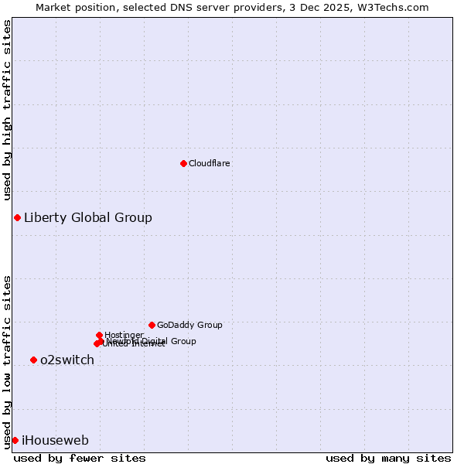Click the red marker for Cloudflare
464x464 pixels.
(x=183, y=163)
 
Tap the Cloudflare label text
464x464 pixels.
(x=210, y=163)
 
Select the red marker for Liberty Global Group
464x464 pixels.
(x=17, y=217)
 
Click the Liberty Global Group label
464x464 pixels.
(x=88, y=217)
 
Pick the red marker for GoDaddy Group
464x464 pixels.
(x=152, y=325)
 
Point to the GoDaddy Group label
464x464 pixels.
(x=189, y=325)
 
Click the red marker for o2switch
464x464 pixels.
(x=33, y=360)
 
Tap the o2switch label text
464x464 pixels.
(x=67, y=360)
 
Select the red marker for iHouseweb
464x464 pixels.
(x=15, y=440)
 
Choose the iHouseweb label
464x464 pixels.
(x=55, y=441)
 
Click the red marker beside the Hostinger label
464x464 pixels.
(x=99, y=335)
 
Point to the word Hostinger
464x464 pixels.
(x=125, y=335)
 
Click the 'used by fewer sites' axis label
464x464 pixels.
(x=80, y=458)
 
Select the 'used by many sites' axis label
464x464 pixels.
(x=388, y=458)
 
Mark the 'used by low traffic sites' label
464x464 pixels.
(x=7, y=361)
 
